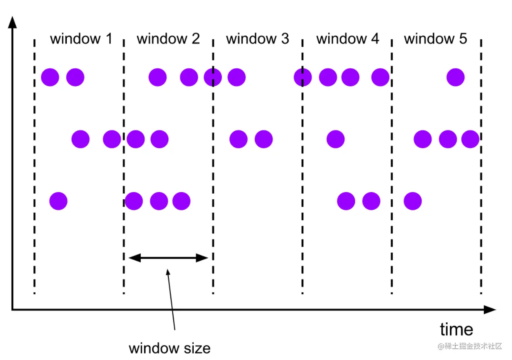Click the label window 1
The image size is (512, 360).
click(81, 39)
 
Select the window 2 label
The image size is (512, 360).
click(168, 39)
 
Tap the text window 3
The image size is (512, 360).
click(257, 39)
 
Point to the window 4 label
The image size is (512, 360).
click(347, 39)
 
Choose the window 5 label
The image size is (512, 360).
click(436, 39)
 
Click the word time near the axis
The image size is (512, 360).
click(457, 329)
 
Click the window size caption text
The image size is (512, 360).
click(169, 348)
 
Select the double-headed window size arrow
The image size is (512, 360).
click(168, 258)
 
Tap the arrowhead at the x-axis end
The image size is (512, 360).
click(490, 309)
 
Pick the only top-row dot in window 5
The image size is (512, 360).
click(455, 77)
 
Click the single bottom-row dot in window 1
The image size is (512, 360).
click(58, 201)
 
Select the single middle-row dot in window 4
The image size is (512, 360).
click(335, 139)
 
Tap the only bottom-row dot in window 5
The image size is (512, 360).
click(412, 201)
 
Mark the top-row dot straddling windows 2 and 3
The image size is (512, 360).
click(213, 77)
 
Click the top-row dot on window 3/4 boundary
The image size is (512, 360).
click(303, 77)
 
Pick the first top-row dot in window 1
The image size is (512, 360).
click(50, 77)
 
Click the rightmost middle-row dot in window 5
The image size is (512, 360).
click(470, 139)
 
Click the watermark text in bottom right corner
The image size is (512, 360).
click(470, 346)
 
